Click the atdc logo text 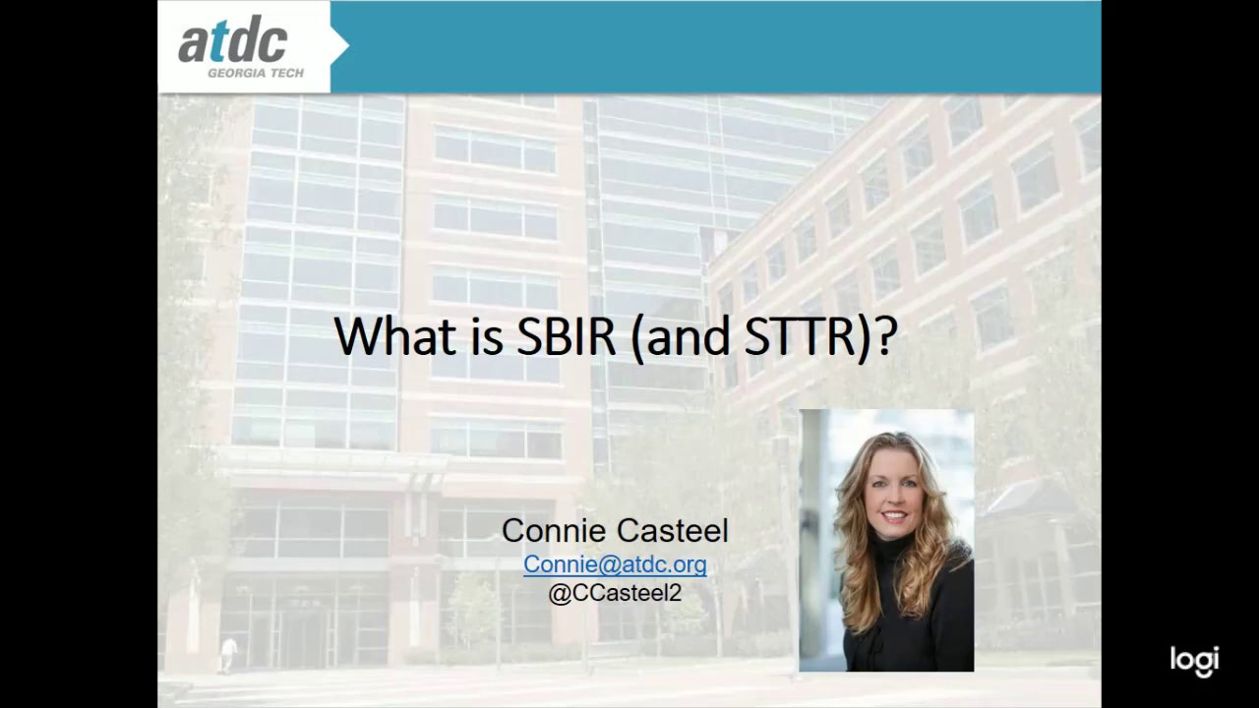pyautogui.click(x=232, y=41)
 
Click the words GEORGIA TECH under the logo pyautogui.click(x=255, y=73)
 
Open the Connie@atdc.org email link pyautogui.click(x=615, y=563)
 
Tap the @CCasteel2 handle pyautogui.click(x=615, y=593)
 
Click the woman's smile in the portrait pyautogui.click(x=894, y=515)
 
